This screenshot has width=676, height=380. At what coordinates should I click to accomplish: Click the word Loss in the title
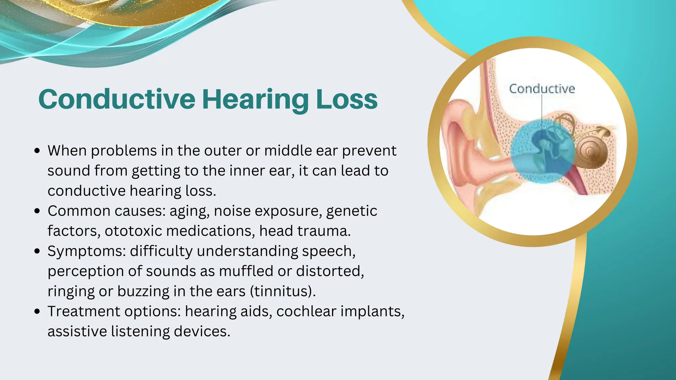pos(347,99)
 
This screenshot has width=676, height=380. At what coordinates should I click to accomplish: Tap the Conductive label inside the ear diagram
pos(542,89)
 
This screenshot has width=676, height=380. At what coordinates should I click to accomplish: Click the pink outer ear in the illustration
pos(462,145)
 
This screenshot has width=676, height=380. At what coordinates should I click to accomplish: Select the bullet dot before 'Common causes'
pos(37,211)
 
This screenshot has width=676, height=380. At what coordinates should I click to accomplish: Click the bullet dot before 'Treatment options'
pos(37,311)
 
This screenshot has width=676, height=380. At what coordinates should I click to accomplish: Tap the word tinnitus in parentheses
pos(282,291)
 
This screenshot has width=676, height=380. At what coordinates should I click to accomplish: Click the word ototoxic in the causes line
pos(133,231)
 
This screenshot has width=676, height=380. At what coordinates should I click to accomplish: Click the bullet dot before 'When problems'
pos(37,151)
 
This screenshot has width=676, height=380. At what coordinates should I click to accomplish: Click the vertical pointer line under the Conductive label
pos(542,109)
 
